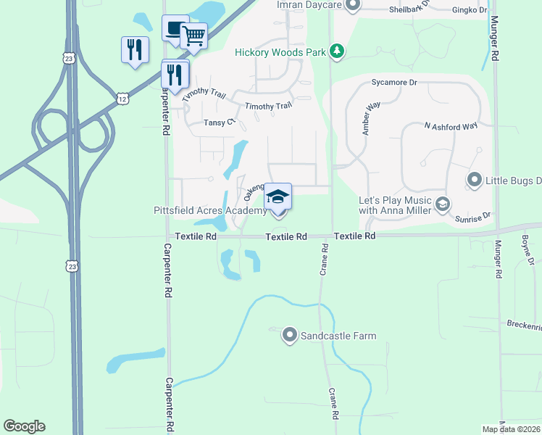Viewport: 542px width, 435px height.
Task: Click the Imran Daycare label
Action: pyautogui.click(x=307, y=4)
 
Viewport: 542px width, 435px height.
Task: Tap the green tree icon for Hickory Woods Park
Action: pyautogui.click(x=336, y=51)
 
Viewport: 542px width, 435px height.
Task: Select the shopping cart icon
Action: pyautogui.click(x=193, y=36)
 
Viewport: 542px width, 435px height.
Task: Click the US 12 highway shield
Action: pyautogui.click(x=122, y=97)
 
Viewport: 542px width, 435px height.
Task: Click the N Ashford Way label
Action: pyautogui.click(x=451, y=126)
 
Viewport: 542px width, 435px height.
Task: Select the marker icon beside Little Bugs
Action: pyautogui.click(x=475, y=178)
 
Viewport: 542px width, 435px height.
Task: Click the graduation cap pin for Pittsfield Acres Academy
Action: pyautogui.click(x=278, y=196)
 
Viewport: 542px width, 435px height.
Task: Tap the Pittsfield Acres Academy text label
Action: pyautogui.click(x=210, y=210)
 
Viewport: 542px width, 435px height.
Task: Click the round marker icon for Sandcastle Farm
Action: pyautogui.click(x=290, y=335)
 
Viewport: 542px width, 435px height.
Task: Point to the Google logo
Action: pyautogui.click(x=24, y=426)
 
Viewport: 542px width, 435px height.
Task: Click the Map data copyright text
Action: pyautogui.click(x=512, y=429)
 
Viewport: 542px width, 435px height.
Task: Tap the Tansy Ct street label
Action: pyautogui.click(x=220, y=123)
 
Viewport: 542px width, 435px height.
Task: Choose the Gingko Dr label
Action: pyautogui.click(x=468, y=9)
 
